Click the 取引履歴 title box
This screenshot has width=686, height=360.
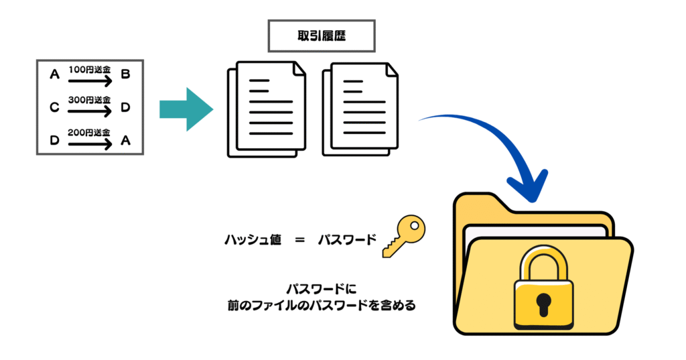click(321, 36)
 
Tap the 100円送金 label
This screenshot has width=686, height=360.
click(89, 69)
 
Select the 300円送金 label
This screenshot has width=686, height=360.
click(89, 100)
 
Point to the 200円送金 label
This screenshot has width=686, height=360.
click(89, 132)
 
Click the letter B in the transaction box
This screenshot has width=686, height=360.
click(125, 74)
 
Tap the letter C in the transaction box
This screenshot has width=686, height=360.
click(54, 107)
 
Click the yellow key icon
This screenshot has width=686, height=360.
click(403, 237)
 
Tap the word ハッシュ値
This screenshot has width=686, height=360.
click(253, 239)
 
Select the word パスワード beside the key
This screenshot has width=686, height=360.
click(346, 239)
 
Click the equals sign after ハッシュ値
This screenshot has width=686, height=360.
click(299, 239)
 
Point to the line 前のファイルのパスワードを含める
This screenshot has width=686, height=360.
click(322, 306)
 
